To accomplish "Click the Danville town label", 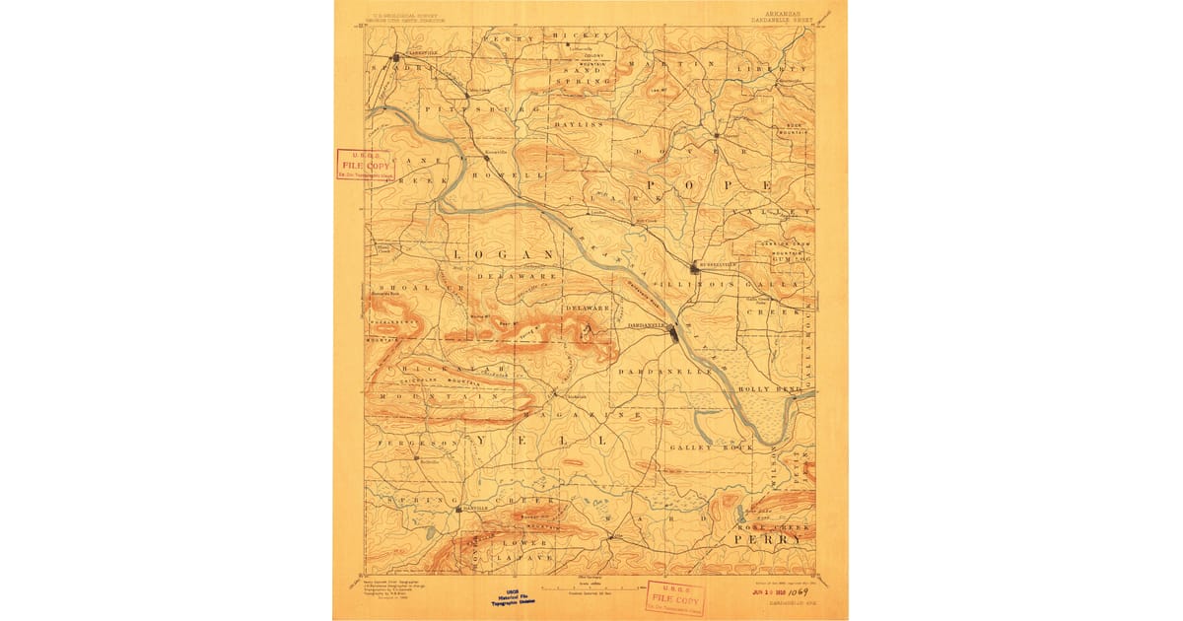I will coord(476,509).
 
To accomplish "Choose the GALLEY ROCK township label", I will coord(711,448).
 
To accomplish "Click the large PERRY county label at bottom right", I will coord(767,539).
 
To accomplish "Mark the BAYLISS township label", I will coord(578,126).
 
